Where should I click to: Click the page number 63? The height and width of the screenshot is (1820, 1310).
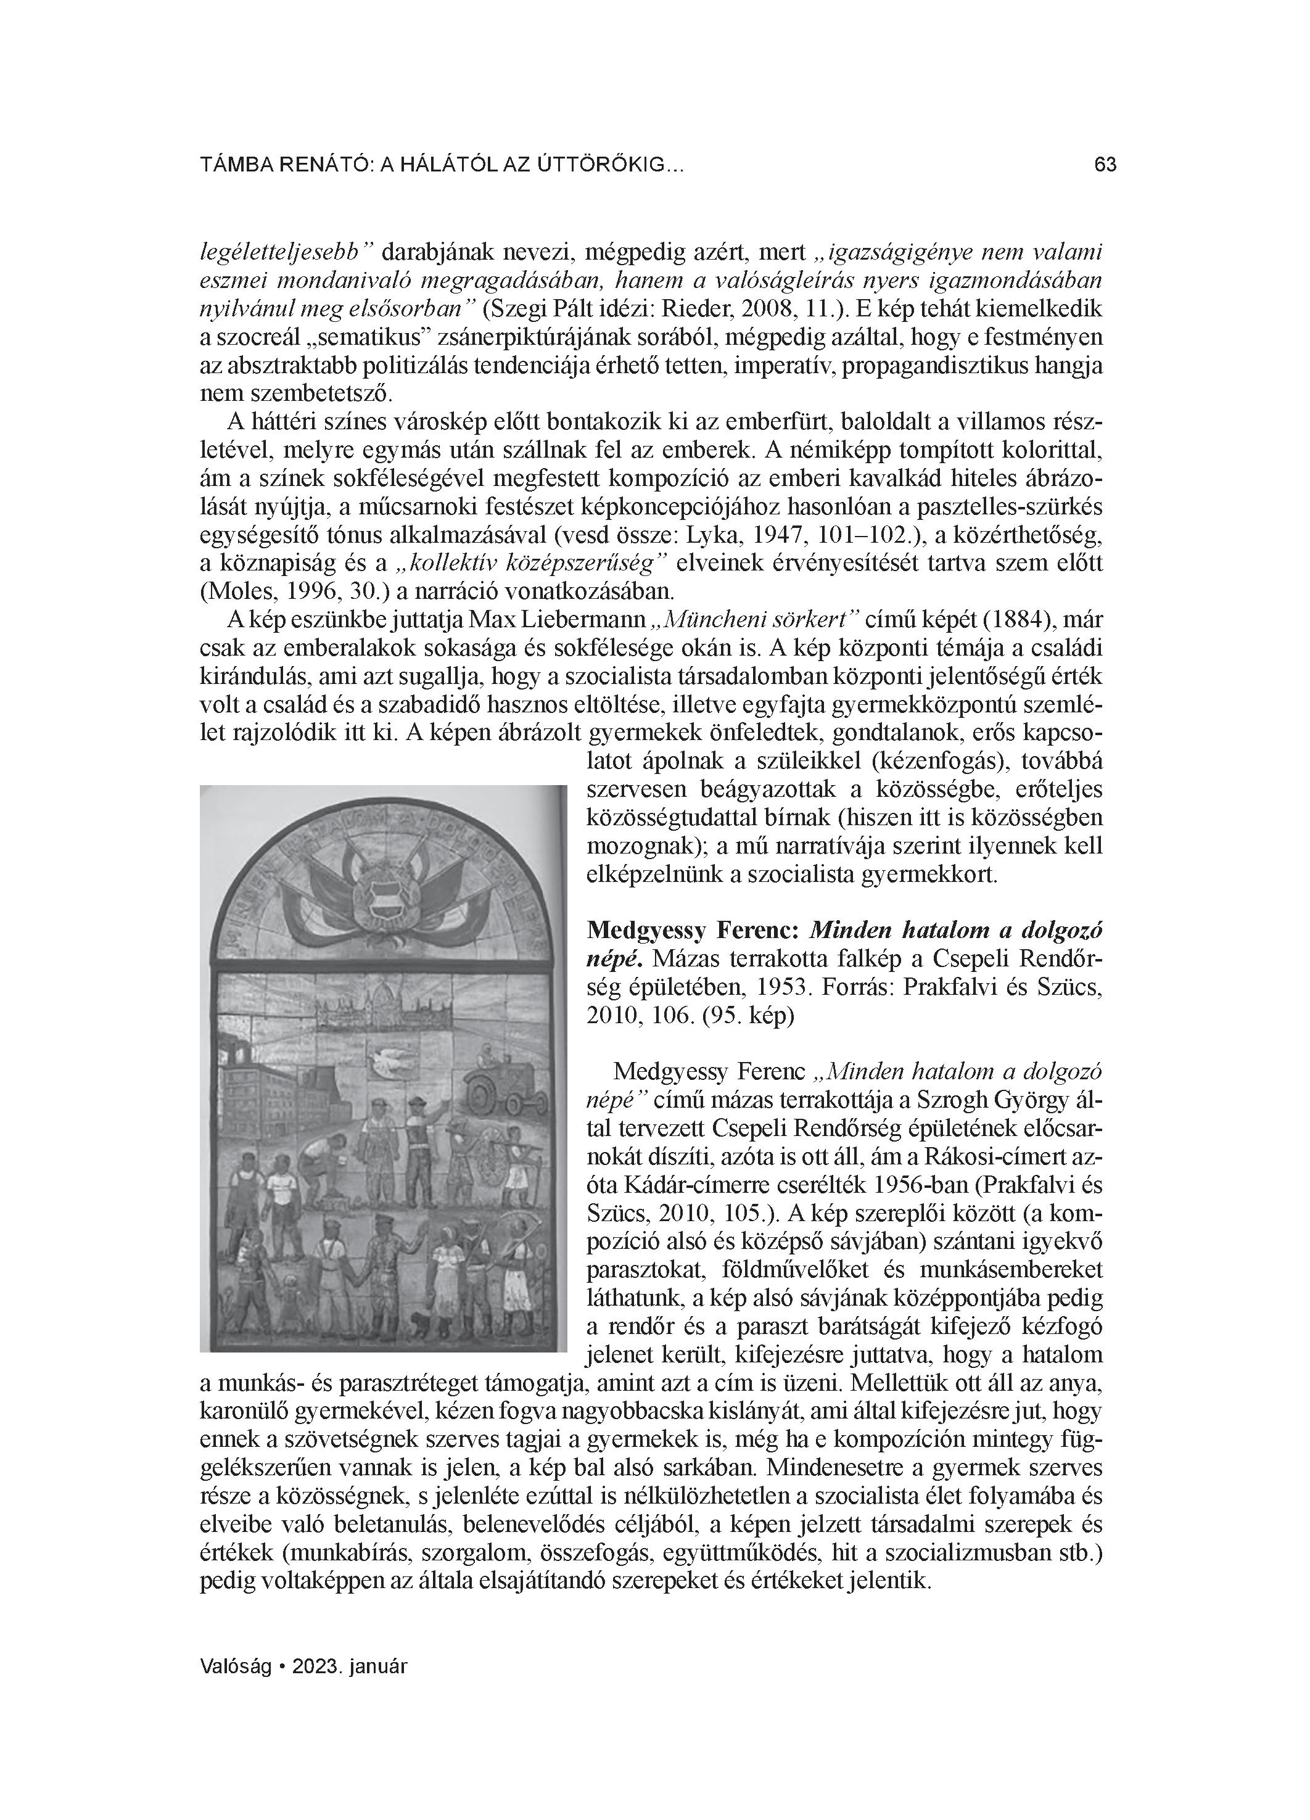pyautogui.click(x=1105, y=165)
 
